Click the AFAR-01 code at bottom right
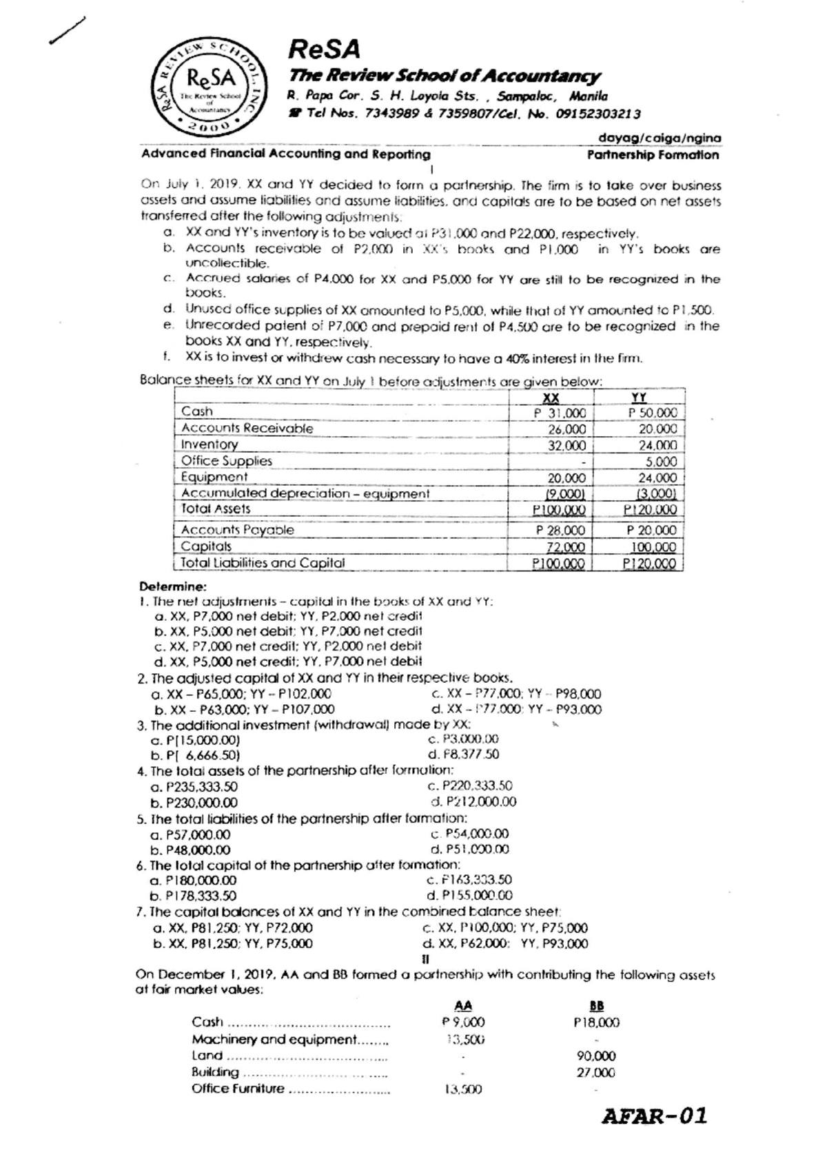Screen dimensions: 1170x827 [x=655, y=1116]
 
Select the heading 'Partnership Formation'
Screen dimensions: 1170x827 [x=652, y=155]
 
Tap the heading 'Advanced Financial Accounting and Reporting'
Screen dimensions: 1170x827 [x=285, y=154]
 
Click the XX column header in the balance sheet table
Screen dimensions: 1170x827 [x=551, y=398]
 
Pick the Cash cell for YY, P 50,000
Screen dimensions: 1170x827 [x=653, y=412]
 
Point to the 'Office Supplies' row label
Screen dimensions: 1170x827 [x=227, y=460]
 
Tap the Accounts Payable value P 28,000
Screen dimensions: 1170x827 [x=560, y=530]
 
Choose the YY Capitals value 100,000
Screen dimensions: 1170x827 [x=654, y=547]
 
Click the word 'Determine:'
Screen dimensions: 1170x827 [x=172, y=587]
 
